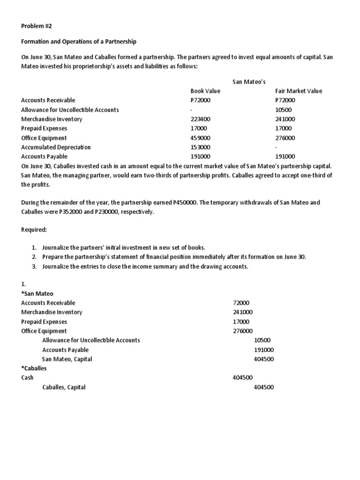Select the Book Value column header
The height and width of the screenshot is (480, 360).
pyautogui.click(x=205, y=91)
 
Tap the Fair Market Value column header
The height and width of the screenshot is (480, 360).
pyautogui.click(x=299, y=91)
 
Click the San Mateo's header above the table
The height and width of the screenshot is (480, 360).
pyautogui.click(x=249, y=82)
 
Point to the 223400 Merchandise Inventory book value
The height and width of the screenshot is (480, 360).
pyautogui.click(x=201, y=119)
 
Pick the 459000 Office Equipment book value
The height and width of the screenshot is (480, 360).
pyautogui.click(x=201, y=138)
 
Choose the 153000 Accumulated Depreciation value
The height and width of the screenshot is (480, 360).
pyautogui.click(x=201, y=147)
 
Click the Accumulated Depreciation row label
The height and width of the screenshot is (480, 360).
pyautogui.click(x=56, y=147)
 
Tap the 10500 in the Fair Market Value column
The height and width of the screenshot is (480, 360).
pyautogui.click(x=283, y=110)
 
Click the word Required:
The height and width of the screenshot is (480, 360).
pyautogui.click(x=34, y=230)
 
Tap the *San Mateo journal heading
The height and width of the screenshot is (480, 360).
pyautogui.click(x=37, y=294)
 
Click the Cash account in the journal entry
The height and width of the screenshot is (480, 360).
pyautogui.click(x=27, y=378)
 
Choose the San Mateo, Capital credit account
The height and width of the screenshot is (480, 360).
pyautogui.click(x=67, y=359)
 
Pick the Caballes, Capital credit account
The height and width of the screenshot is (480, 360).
pyautogui.click(x=64, y=387)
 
